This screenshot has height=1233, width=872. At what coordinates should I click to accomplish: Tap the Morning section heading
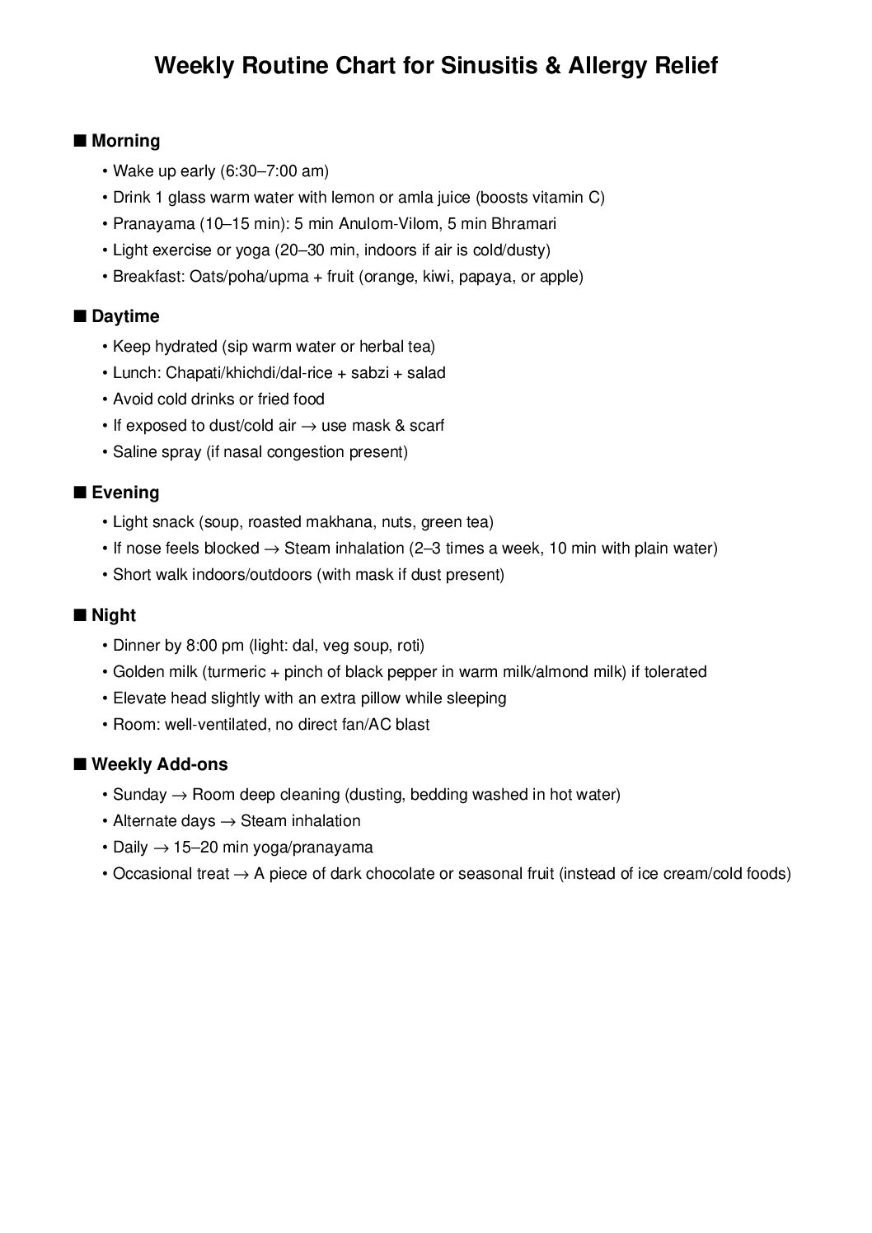(x=125, y=141)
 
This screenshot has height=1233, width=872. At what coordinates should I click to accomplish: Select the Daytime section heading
(x=125, y=316)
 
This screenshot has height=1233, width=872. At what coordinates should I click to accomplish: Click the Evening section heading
(x=125, y=493)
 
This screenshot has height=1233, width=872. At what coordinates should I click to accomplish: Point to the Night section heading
(x=114, y=615)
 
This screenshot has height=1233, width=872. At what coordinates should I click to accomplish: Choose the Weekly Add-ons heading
(x=159, y=764)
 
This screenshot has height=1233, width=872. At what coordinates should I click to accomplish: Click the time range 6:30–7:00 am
(x=274, y=171)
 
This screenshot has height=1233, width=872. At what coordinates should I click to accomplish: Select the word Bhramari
(x=523, y=224)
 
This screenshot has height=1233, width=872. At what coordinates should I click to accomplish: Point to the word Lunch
(x=134, y=373)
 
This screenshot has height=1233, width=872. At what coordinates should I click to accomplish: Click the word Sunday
(x=139, y=795)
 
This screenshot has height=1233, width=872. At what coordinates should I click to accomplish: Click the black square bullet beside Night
(x=79, y=615)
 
